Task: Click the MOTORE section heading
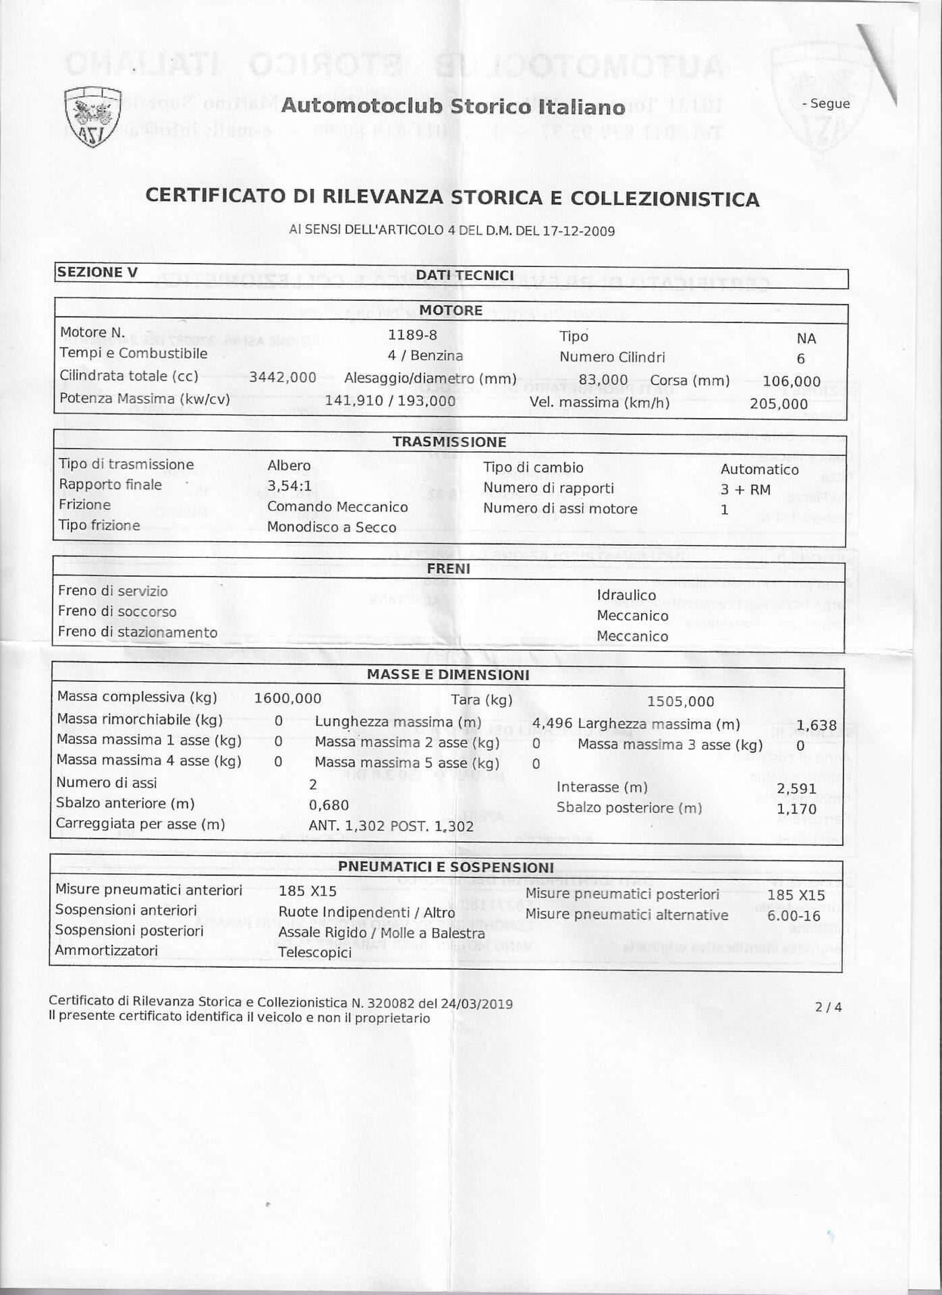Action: [451, 311]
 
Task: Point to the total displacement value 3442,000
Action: [283, 378]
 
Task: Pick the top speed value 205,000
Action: [779, 404]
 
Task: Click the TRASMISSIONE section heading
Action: [449, 442]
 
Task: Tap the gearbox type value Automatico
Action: [759, 469]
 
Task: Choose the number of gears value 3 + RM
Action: [745, 490]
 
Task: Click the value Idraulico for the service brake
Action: [626, 596]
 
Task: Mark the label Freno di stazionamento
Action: [138, 633]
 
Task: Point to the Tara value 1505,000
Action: [680, 701]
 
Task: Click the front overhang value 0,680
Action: [329, 805]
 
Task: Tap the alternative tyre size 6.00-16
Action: [796, 916]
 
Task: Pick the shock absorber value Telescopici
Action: [314, 953]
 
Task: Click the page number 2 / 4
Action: [829, 1008]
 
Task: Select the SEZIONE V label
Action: [98, 272]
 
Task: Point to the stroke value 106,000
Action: [792, 382]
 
